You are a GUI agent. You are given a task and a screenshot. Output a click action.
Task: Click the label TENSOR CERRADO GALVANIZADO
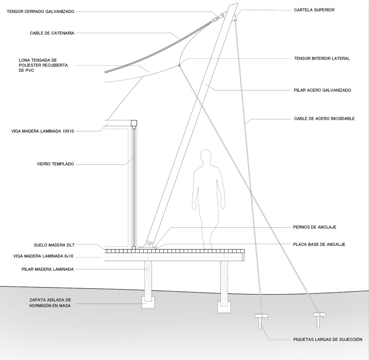40,12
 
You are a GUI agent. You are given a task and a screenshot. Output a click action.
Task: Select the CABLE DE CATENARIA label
52,33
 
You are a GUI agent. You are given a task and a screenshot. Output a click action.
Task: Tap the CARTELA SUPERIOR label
314,10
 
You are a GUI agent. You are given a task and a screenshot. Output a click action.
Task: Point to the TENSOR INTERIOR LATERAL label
322,58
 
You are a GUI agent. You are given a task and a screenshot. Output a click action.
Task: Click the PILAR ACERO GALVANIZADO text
322,90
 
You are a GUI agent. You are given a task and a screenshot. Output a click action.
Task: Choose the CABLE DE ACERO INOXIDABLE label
324,118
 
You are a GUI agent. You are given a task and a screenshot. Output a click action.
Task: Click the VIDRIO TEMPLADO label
55,164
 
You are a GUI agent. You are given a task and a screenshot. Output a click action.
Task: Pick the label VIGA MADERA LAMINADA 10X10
43,131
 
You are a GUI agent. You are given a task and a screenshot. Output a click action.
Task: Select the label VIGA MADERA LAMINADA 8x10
44,257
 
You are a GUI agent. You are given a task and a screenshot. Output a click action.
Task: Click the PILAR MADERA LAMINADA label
48,269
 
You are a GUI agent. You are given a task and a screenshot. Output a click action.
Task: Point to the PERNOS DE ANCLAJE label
315,227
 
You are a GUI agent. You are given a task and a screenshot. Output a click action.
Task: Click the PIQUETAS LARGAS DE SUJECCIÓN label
327,339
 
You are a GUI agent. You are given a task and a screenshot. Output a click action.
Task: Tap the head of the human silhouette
206,157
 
